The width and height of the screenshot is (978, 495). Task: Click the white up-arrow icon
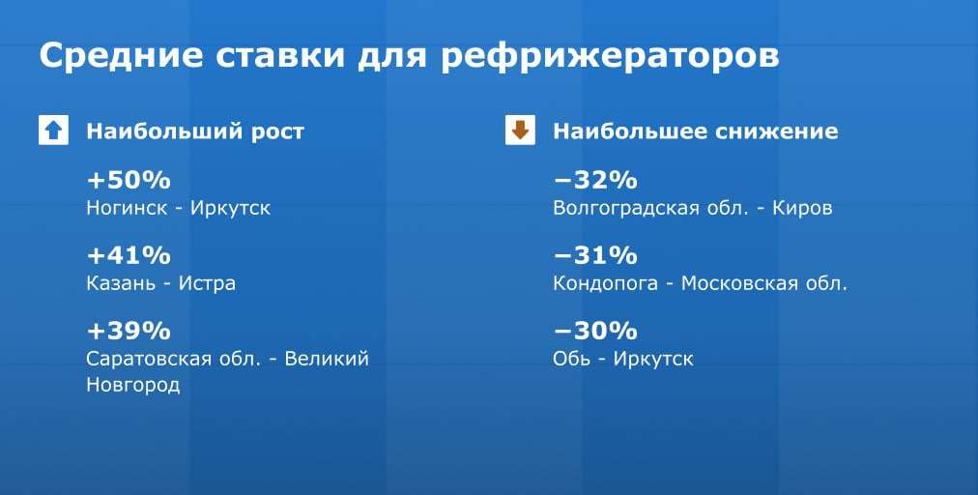pos(53,131)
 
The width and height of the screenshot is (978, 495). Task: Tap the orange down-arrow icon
pos(520,131)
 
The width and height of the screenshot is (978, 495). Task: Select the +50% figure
pos(129,181)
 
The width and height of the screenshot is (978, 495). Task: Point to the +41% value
pos(129,255)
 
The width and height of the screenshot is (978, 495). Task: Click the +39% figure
pos(129,331)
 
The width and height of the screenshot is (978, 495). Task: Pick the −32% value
pos(595,181)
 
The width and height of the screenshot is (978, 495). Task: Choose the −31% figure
pos(595,255)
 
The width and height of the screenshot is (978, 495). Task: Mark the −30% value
pos(595,331)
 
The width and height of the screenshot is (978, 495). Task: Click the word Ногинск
pos(128,208)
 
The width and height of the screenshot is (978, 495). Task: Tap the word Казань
pos(121,284)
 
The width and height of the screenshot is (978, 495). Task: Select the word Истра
pos(207,284)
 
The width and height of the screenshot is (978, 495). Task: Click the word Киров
pos(803,209)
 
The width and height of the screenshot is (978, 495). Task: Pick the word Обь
pos(572,359)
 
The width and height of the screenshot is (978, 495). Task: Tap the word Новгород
pos(132,385)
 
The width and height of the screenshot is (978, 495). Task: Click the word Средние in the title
pos(121,56)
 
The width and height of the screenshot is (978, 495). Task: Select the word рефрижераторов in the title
pos(610,56)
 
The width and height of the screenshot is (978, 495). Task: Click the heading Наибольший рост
pos(195,131)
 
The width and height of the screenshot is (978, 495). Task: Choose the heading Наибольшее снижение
pos(696,131)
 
